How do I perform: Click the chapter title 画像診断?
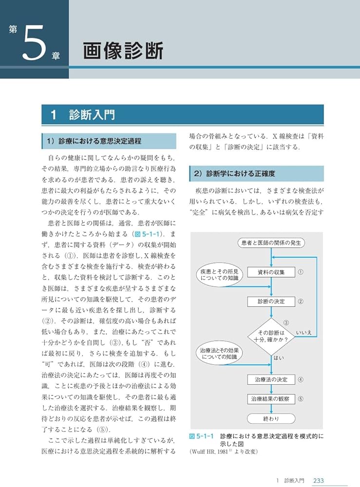tap(123, 51)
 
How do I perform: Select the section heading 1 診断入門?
tap(85, 115)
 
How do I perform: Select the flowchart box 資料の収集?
tap(271, 272)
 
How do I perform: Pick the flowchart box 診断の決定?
tap(271, 301)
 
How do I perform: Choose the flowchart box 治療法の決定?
tap(271, 379)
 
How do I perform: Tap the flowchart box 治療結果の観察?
tap(271, 398)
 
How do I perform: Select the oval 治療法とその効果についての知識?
tap(219, 354)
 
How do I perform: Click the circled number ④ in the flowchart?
tap(301, 379)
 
